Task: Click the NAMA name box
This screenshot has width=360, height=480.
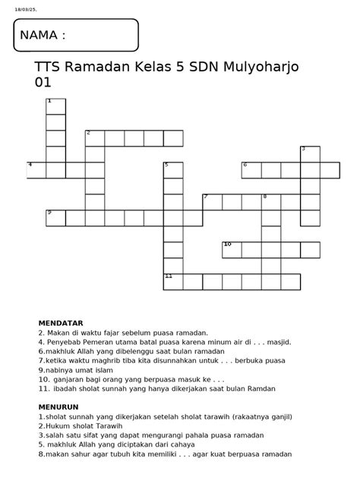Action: (x=76, y=36)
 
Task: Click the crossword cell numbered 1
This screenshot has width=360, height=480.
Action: (x=55, y=106)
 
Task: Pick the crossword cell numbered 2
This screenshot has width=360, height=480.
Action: (x=95, y=138)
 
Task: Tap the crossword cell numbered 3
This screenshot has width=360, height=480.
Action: (x=310, y=153)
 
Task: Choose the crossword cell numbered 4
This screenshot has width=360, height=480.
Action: (x=36, y=170)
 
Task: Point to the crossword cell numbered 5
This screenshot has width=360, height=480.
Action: (x=173, y=170)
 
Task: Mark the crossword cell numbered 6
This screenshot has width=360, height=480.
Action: (x=251, y=170)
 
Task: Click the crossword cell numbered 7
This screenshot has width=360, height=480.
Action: (x=212, y=202)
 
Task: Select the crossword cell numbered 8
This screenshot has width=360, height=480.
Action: (x=271, y=202)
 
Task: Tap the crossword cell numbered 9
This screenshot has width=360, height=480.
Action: (x=55, y=218)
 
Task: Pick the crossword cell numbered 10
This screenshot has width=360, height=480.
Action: (x=232, y=250)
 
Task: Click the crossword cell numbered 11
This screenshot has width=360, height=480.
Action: (x=173, y=282)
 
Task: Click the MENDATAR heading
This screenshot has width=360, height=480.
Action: (x=61, y=323)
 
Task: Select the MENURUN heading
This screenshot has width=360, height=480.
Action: (x=58, y=407)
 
